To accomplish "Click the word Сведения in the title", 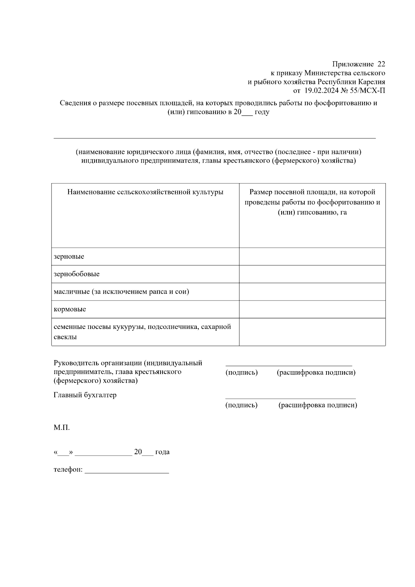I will coord(75,103).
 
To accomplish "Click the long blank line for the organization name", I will coord(214,138).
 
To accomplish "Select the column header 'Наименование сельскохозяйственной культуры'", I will coord(145,192).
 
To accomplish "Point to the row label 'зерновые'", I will coord(69,257).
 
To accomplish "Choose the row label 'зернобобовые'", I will coord(76,274).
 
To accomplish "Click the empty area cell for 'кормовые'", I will coord(312,309).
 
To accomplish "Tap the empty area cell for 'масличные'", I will coord(312,292).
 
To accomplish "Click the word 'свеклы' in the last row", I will coord(65,337).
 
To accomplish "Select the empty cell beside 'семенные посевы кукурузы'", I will coord(312,332).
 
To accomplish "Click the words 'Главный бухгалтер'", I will coord(85,395).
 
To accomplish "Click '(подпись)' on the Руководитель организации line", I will coord(241,373).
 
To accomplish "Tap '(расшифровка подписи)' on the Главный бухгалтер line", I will coord(318,405).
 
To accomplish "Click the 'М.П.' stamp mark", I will coord(62,428).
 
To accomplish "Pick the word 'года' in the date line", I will coord(162,452).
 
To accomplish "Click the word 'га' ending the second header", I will coord(343,212).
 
